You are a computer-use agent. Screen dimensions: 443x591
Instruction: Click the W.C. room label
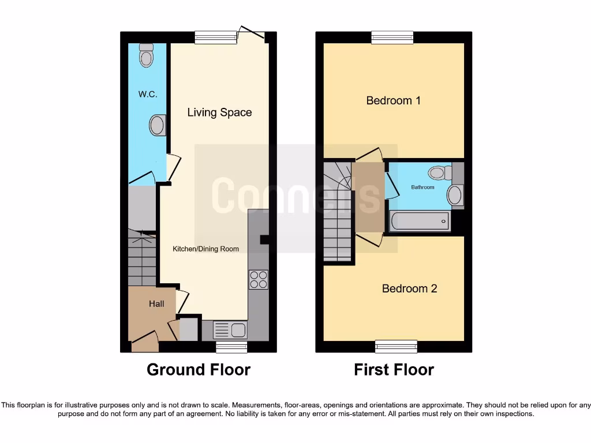(148, 94)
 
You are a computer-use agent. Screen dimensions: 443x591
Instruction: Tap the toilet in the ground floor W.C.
(147, 55)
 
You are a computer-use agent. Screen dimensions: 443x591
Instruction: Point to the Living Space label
(219, 112)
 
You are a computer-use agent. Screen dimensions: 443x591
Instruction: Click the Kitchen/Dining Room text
(206, 249)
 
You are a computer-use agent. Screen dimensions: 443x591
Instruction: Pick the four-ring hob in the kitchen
(258, 279)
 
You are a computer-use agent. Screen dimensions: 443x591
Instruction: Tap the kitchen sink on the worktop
(230, 330)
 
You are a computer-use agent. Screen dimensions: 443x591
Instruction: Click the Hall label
(156, 303)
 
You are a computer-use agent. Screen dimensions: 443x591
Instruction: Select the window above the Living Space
(216, 37)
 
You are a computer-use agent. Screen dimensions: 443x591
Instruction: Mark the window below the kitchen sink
(231, 347)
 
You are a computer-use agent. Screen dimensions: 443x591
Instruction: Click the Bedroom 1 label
(394, 100)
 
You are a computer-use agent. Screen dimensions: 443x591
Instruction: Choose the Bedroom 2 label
(409, 288)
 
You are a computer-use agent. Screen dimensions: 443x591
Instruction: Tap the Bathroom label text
(422, 187)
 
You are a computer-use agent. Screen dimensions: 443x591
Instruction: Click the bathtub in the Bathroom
(420, 221)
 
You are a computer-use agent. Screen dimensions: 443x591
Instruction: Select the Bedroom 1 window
(392, 37)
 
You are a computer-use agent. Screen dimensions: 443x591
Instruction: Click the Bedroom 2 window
(396, 347)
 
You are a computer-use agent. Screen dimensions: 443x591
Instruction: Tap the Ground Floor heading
(199, 370)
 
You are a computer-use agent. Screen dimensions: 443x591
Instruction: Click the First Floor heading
(394, 370)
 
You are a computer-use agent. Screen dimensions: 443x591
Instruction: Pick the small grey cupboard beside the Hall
(188, 329)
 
